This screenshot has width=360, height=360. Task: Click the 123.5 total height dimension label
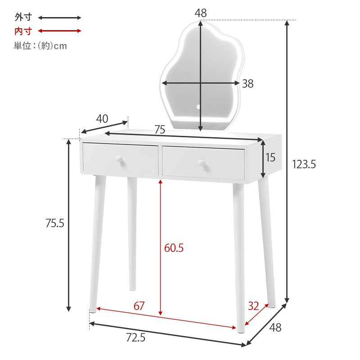point(304,164)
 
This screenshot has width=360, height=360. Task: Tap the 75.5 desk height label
point(54,223)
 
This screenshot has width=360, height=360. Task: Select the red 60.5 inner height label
point(174,248)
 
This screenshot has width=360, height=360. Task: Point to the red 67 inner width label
point(139,306)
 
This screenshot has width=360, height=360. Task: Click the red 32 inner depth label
point(253,306)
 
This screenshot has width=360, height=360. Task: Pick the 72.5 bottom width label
point(136,338)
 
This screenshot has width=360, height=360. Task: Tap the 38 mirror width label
point(248,84)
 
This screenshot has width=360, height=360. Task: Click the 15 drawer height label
point(270,157)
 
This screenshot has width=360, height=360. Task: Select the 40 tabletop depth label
point(102,119)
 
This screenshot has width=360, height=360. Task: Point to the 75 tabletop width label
point(160,130)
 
